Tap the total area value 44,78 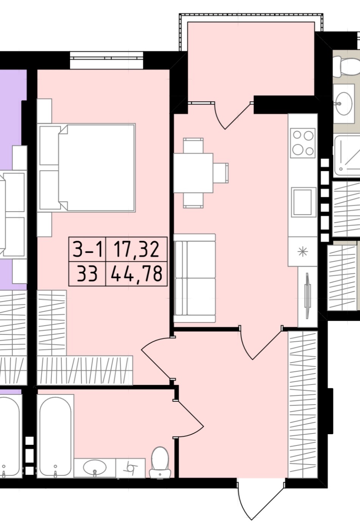click(136, 273)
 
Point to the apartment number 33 click(87, 274)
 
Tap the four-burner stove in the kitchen click(303, 143)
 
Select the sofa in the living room click(195, 278)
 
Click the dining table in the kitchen click(193, 173)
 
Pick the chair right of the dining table click(221, 173)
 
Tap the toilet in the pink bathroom click(160, 462)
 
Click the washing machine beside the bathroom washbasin click(130, 468)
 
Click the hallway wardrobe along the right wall click(303, 405)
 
